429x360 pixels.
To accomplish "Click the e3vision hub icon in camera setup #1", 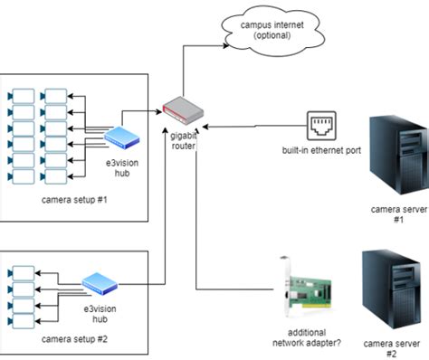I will click(x=120, y=137).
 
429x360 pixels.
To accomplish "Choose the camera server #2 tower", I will click(x=390, y=289).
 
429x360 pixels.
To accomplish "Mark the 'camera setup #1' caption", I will click(x=75, y=198).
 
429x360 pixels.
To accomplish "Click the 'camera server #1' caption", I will click(x=396, y=213).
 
